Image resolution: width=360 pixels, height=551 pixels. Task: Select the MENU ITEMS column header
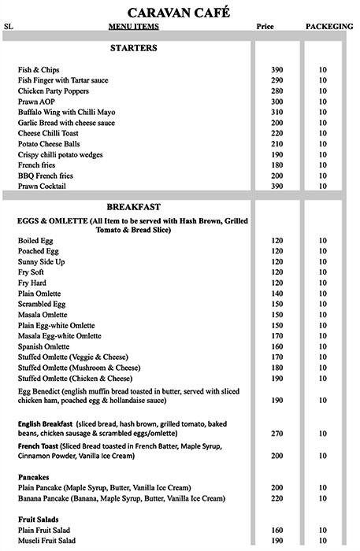[133, 26]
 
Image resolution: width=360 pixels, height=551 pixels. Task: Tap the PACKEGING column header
[328, 26]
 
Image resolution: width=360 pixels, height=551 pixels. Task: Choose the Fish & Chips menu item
[39, 70]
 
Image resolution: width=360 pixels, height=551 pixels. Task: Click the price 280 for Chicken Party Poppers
[276, 91]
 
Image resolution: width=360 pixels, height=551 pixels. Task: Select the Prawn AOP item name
[36, 102]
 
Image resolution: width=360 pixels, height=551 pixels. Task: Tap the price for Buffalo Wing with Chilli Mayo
[276, 113]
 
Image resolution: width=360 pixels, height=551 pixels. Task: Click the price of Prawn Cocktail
[276, 187]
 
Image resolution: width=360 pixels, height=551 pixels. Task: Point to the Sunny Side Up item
[41, 261]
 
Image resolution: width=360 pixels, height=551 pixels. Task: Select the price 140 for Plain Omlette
[276, 293]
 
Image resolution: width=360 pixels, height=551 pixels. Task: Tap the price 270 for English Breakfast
[276, 433]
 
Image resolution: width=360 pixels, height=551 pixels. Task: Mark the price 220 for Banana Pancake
[276, 498]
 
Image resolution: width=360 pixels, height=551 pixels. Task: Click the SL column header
[9, 26]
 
